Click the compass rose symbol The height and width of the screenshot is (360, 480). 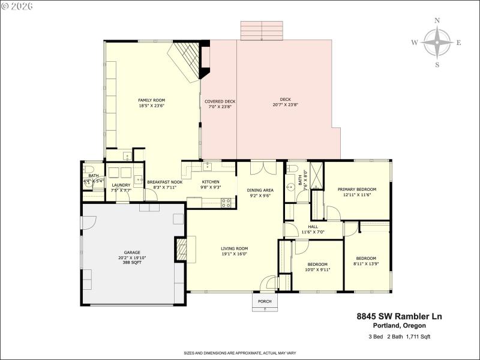[437, 43]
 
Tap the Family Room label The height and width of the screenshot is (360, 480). [151, 103]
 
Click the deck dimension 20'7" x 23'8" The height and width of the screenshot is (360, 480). [285, 105]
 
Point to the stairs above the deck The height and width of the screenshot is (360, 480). [261, 31]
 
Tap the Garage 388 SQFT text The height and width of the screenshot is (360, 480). [131, 262]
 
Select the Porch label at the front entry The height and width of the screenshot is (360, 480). [265, 301]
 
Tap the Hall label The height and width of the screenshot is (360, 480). [313, 226]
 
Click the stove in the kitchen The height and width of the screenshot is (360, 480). [227, 203]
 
